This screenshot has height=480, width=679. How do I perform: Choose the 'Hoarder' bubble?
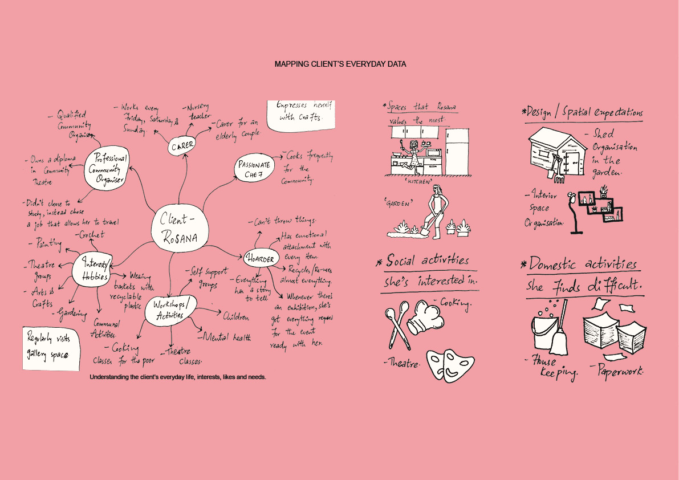point(261,259)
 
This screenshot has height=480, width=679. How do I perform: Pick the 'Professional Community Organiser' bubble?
point(107,168)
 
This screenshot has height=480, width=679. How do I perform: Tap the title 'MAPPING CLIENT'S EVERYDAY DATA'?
point(340,64)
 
